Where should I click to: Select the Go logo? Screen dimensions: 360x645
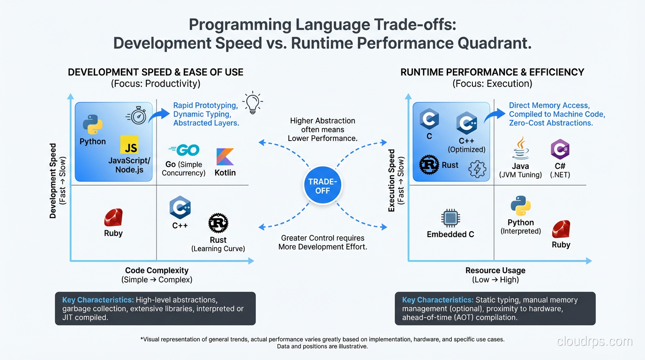[184, 150]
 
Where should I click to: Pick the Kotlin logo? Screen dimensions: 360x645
[225, 157]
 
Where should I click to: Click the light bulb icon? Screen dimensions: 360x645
[252, 103]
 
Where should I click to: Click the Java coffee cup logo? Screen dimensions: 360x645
[520, 149]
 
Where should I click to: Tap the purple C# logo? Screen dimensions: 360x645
[560, 150]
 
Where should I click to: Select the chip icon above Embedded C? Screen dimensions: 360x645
[450, 218]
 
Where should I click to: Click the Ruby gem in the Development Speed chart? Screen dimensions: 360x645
[113, 217]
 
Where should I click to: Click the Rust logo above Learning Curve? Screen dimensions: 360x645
[218, 224]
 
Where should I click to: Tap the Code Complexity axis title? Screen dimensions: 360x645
[157, 270]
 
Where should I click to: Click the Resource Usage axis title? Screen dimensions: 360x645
[495, 270]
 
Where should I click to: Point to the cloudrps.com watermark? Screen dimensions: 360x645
[594, 341]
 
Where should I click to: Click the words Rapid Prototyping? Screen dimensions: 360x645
[205, 105]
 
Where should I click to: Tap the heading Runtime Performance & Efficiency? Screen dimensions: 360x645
[492, 72]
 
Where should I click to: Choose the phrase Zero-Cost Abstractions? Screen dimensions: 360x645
[551, 123]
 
